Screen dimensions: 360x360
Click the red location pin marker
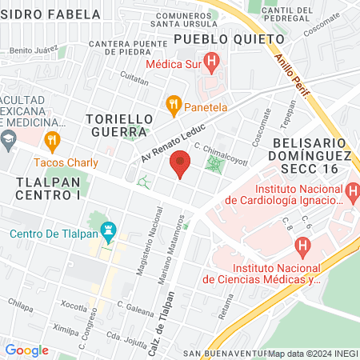181,162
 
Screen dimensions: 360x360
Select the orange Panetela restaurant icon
172,103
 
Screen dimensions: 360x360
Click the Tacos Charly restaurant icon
52,141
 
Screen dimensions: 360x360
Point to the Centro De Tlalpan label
54,234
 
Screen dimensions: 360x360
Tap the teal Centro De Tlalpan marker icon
110,234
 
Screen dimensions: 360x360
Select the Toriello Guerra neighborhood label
118,124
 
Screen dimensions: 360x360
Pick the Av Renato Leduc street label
174,142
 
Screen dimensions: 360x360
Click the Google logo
27,350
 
